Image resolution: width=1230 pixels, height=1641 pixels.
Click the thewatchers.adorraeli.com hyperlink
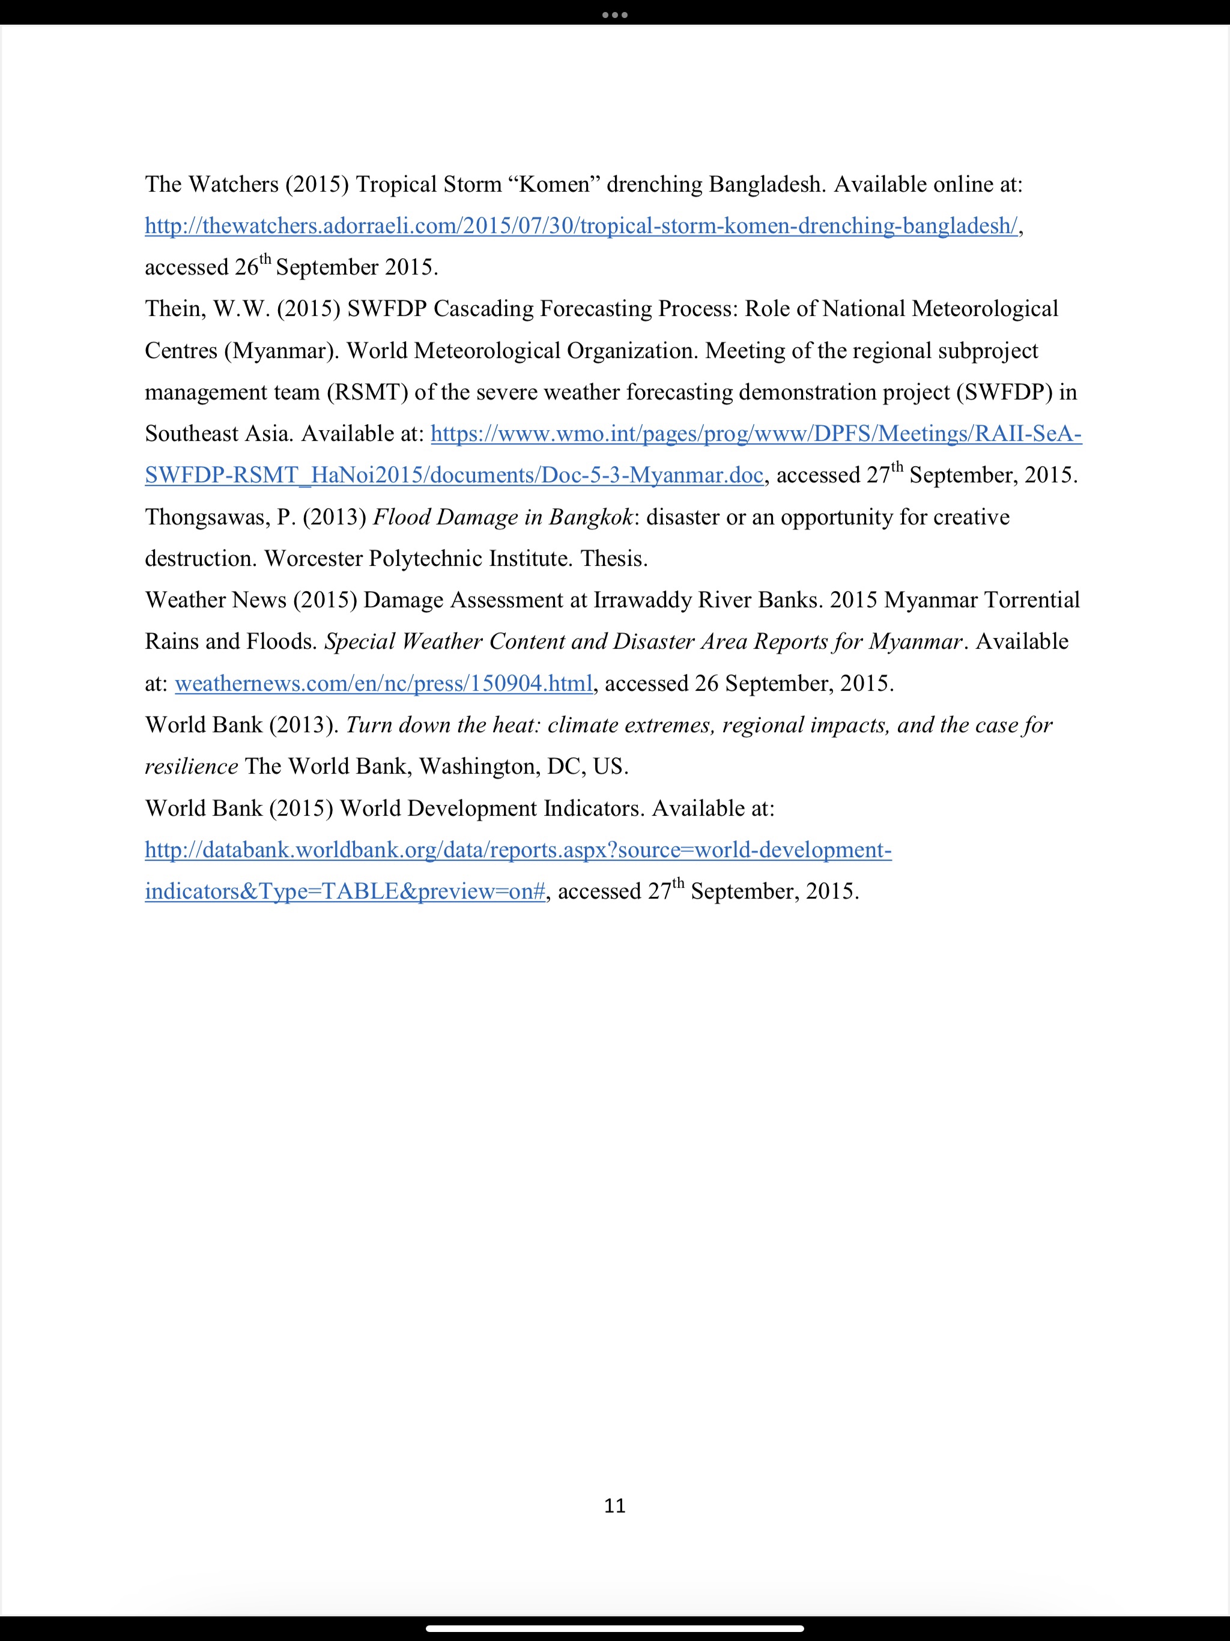pos(581,225)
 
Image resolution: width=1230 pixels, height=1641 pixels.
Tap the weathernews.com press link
pos(384,684)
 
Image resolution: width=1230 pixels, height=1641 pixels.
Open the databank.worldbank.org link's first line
pos(518,849)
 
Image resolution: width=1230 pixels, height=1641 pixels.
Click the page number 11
pos(614,1505)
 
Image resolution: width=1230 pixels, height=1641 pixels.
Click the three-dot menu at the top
pos(614,14)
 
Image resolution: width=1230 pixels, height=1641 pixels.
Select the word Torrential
pos(1032,600)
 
